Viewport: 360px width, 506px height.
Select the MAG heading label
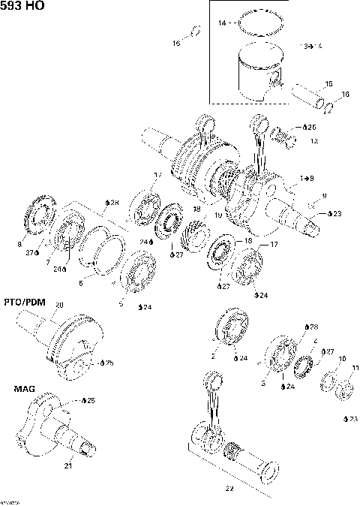tap(23, 389)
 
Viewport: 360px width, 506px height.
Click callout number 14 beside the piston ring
tap(222, 24)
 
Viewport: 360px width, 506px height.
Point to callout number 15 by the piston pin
tap(328, 83)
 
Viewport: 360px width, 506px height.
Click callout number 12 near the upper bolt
tap(313, 141)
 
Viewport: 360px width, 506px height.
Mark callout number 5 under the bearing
tap(120, 303)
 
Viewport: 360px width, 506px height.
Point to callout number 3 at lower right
tap(263, 383)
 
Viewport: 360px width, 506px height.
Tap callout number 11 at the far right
tap(355, 367)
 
